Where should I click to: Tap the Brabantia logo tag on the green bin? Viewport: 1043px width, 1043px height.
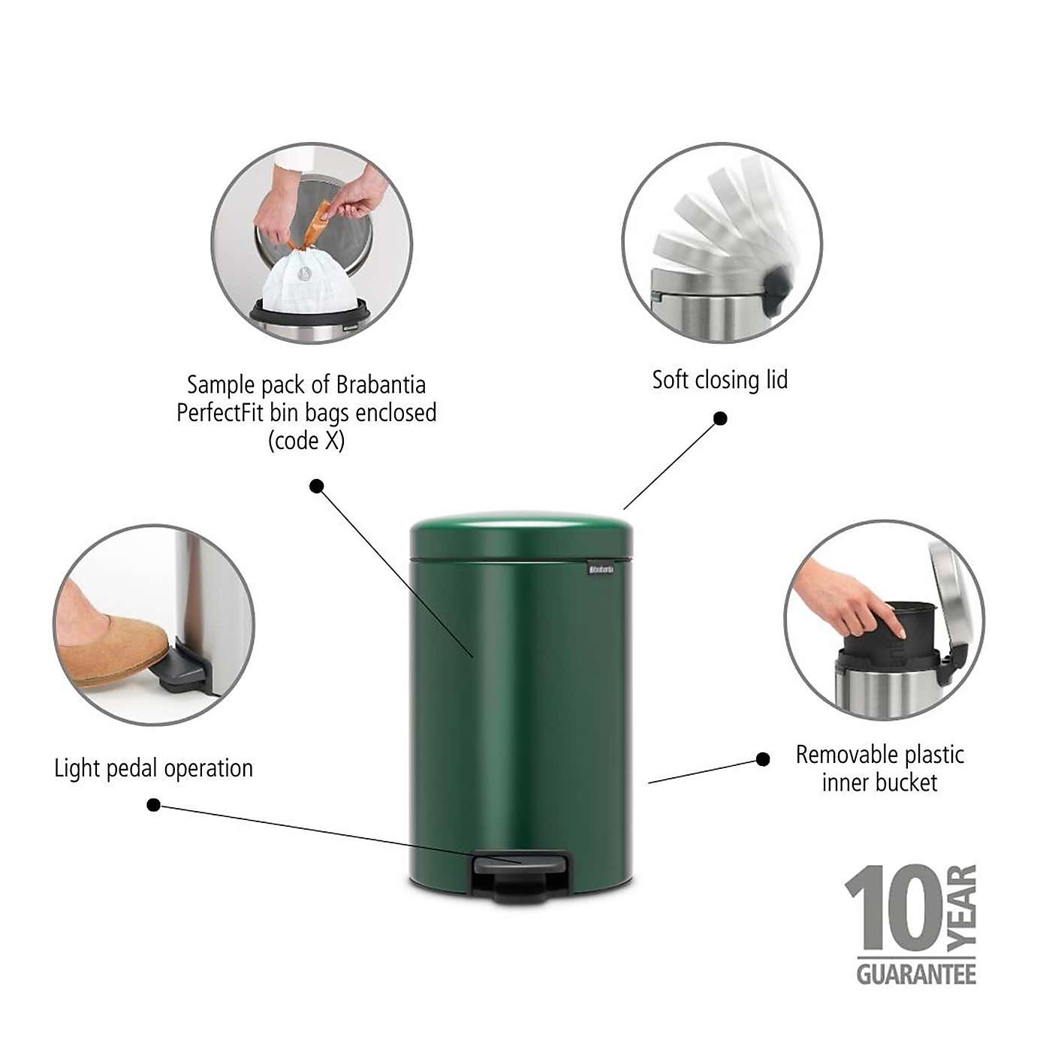pos(601,570)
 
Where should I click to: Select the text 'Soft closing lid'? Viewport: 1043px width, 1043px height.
pos(719,380)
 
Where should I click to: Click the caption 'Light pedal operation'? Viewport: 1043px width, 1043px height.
pos(153,768)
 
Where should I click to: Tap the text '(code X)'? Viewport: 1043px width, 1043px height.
pos(306,441)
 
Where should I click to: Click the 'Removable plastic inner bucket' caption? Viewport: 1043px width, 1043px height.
pos(879,768)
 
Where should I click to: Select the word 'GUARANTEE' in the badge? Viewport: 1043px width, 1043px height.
pos(916,974)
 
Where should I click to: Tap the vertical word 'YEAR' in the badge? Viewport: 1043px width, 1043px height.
pos(962,908)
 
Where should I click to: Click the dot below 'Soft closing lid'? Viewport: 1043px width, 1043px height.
pos(720,418)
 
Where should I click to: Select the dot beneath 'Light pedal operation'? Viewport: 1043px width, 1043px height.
pos(153,805)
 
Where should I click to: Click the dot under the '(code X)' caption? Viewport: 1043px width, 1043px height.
pos(317,486)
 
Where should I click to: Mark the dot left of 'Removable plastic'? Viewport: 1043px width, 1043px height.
pos(763,759)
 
